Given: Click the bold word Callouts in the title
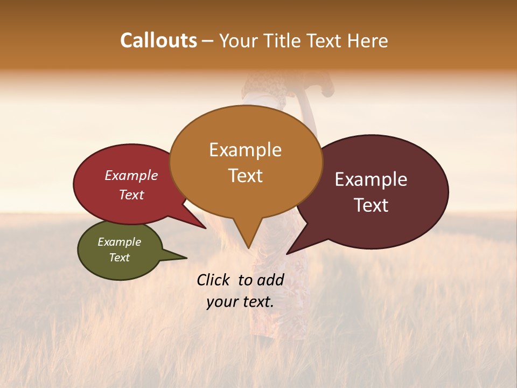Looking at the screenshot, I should click(158, 40).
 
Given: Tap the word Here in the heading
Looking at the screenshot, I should click(367, 41).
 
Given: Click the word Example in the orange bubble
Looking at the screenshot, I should click(245, 150).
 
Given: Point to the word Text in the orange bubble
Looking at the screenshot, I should click(246, 176).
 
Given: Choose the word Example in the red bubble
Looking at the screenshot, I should click(131, 175).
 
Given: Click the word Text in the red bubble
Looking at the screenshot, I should click(131, 195).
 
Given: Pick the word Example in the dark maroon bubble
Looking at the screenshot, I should click(371, 179).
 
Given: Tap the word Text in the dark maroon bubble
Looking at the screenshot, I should click(372, 205).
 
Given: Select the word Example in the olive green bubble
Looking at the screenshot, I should click(119, 242).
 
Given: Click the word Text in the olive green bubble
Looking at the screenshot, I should click(119, 258).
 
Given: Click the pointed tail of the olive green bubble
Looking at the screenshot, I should click(186, 258).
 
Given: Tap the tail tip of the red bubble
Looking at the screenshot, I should click(205, 228).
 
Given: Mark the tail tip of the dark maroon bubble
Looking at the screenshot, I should click(288, 253).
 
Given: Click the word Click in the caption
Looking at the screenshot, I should click(214, 280).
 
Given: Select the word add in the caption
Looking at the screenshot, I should click(270, 280).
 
